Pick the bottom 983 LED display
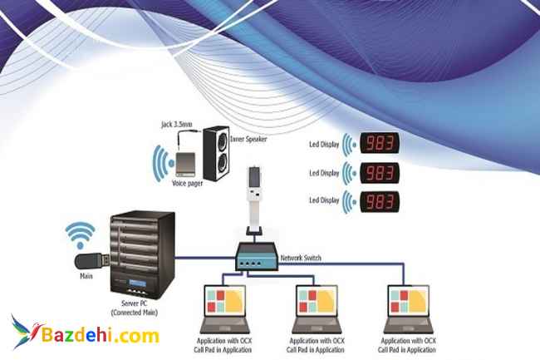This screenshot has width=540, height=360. pyautogui.click(x=380, y=201)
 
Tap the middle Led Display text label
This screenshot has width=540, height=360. pyautogui.click(x=325, y=173)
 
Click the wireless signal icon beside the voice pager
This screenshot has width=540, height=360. pyautogui.click(x=161, y=162)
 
